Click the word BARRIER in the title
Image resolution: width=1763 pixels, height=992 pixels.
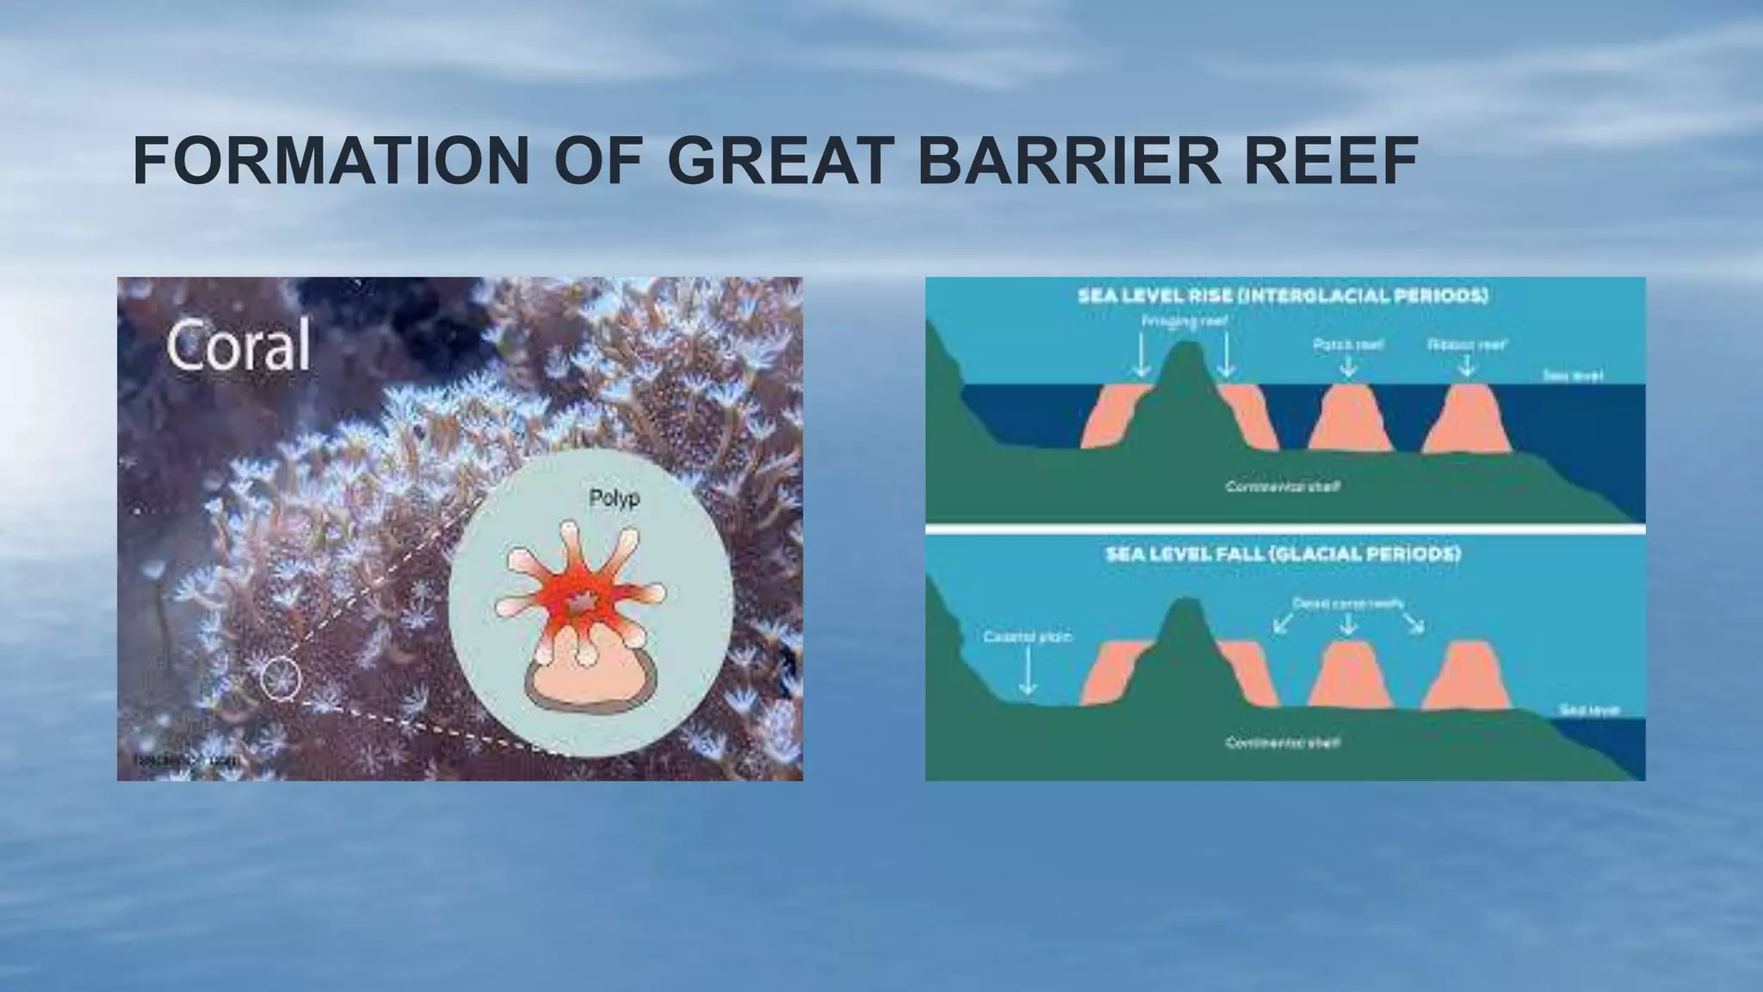click(x=1068, y=161)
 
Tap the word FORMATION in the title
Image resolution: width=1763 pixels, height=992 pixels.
click(x=331, y=161)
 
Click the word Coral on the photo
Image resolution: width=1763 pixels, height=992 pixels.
click(x=238, y=346)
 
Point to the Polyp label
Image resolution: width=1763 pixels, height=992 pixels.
click(x=614, y=499)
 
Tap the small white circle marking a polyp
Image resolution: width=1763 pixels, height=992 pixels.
click(x=281, y=678)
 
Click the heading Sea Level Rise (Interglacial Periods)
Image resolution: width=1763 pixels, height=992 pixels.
click(x=1284, y=296)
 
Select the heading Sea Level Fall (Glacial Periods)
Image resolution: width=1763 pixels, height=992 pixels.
click(x=1283, y=554)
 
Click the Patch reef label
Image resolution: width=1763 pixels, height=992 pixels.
click(x=1348, y=344)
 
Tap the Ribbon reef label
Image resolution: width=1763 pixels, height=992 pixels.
click(x=1467, y=344)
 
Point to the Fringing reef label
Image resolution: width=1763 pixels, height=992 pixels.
click(x=1185, y=321)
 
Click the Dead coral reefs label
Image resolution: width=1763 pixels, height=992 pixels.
click(x=1348, y=604)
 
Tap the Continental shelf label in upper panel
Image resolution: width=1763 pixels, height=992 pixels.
click(x=1283, y=487)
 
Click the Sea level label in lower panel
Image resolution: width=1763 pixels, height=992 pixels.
click(x=1589, y=710)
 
